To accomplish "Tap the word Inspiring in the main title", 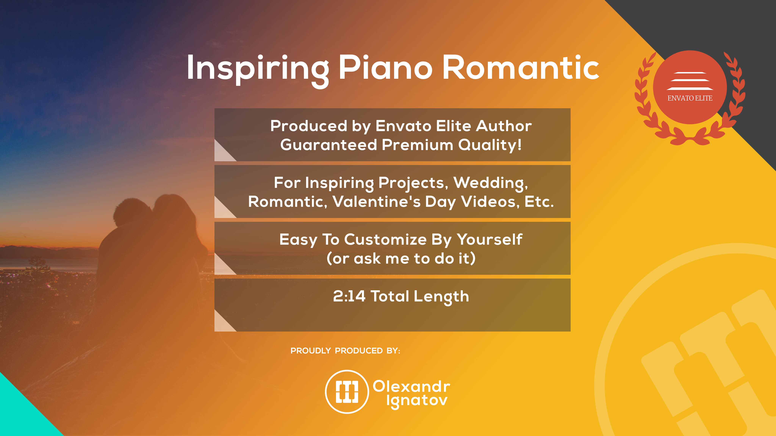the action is (x=258, y=71).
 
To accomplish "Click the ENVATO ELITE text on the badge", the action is (x=690, y=98).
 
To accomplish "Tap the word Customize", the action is (x=386, y=240).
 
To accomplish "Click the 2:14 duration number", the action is (x=349, y=296).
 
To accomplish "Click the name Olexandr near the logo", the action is (x=411, y=386).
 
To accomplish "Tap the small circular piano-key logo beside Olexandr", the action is (x=347, y=392).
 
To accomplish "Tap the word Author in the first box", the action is (x=504, y=126).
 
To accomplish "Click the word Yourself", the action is (x=490, y=240).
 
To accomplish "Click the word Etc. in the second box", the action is (x=539, y=202).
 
